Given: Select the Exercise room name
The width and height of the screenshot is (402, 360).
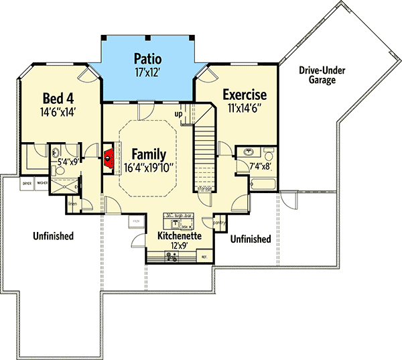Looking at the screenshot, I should point(245,95).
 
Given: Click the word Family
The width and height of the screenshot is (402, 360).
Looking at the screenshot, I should point(148,154).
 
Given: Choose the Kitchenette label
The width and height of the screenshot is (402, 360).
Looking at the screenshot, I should point(180,237).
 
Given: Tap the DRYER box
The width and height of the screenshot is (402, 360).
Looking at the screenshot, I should point(27,183).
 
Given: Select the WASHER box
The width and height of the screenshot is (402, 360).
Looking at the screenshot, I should point(42,183).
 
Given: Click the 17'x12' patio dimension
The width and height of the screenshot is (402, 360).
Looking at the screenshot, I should point(146,70).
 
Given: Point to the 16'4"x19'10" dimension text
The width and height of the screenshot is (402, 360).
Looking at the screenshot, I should point(148,168).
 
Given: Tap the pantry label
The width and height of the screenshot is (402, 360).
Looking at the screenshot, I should point(218,223).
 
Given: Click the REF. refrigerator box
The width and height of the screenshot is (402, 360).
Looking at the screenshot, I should point(204,257).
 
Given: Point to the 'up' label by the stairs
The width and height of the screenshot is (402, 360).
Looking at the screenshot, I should point(180,114).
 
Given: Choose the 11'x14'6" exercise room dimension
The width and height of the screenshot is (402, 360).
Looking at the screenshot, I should point(245,107).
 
